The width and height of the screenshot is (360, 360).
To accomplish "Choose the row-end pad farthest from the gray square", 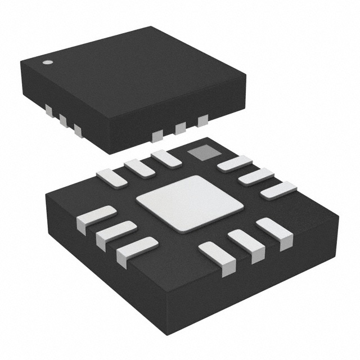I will point(278,190).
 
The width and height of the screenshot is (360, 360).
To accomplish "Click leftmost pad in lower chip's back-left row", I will point(112,177).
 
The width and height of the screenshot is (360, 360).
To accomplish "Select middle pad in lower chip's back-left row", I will point(139,167).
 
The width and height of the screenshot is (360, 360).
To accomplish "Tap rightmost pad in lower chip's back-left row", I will point(166,158).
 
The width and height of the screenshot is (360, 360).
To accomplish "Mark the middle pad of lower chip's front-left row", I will point(116,234).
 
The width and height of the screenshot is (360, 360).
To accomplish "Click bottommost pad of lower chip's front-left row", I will point(137,250).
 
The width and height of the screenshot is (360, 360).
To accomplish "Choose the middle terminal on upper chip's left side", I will point(62,120).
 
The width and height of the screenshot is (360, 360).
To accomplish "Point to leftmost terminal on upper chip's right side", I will point(158,134).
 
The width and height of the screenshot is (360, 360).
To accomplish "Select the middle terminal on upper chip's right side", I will point(181,128).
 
